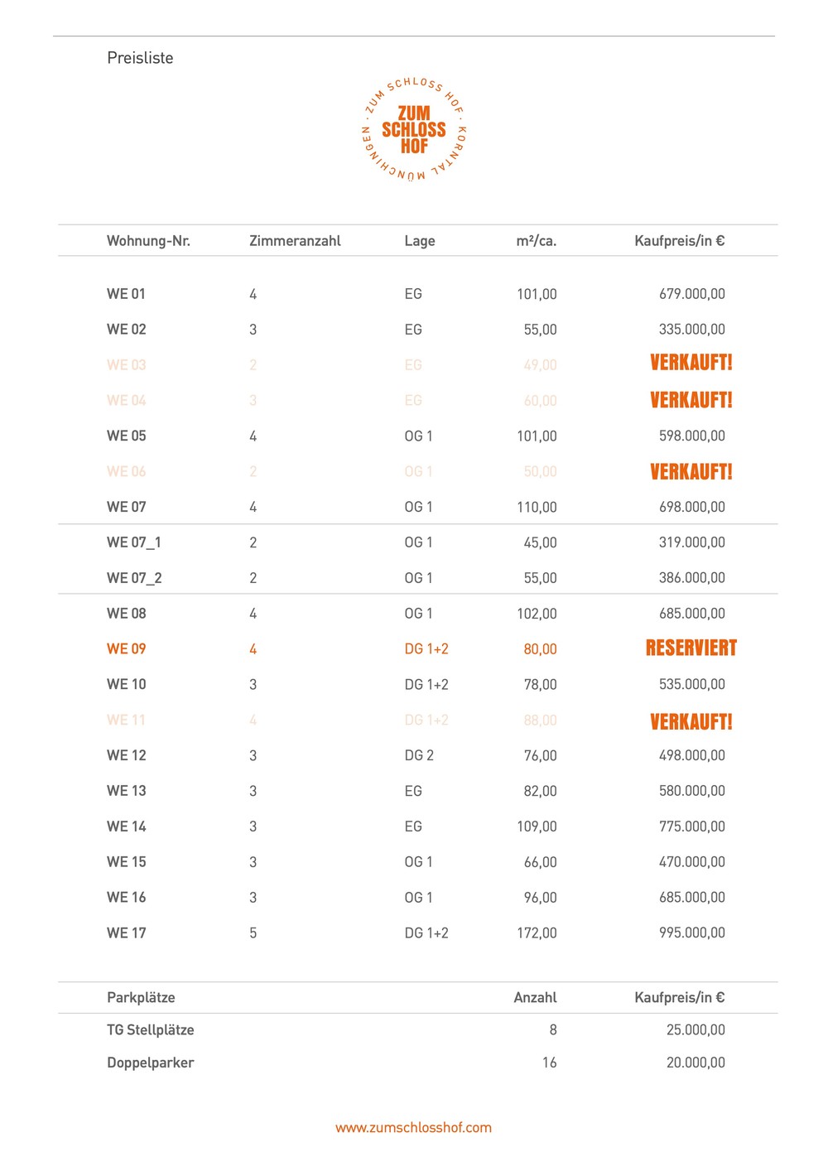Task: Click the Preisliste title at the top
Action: tap(140, 58)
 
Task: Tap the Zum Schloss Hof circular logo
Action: tap(414, 130)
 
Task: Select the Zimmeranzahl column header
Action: tap(295, 241)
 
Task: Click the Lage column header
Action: tap(419, 241)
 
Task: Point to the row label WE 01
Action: tap(126, 294)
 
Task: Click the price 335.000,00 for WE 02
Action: tap(691, 330)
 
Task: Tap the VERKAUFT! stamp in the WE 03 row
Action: tap(691, 363)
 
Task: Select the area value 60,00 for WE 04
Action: tap(540, 401)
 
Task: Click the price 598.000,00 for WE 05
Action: tap(691, 436)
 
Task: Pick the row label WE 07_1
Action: tap(134, 542)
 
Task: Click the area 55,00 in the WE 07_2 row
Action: tap(540, 578)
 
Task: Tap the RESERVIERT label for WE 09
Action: tap(691, 648)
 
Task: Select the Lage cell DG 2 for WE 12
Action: tap(418, 755)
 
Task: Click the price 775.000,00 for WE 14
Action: tap(691, 826)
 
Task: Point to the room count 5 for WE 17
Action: tap(253, 933)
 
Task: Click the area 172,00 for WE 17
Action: tap(537, 933)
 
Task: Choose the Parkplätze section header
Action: tap(141, 998)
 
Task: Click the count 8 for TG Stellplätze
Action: tap(552, 1030)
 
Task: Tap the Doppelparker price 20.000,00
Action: tap(696, 1063)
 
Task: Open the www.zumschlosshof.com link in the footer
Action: tap(413, 1128)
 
